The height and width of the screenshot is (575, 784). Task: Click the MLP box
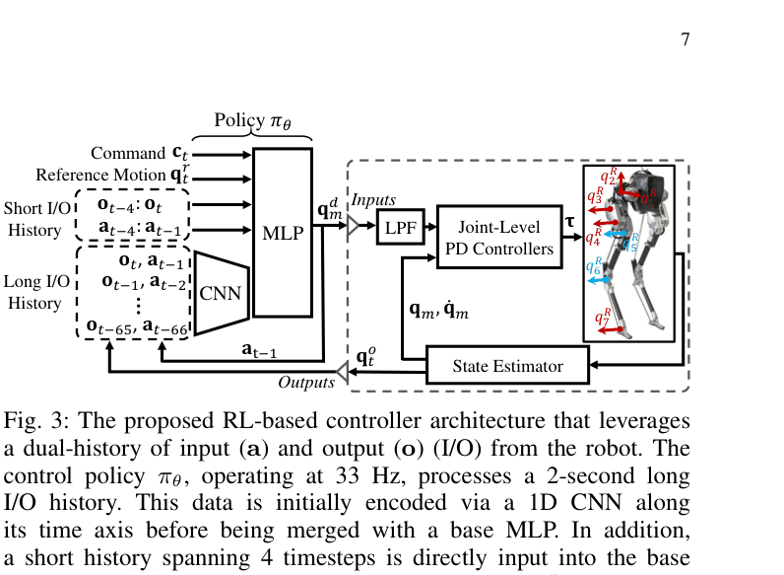(283, 233)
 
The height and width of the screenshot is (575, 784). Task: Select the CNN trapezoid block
(220, 293)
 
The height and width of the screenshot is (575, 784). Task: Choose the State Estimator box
(507, 366)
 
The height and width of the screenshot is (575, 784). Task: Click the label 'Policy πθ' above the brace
(260, 121)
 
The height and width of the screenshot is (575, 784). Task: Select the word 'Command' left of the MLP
(127, 153)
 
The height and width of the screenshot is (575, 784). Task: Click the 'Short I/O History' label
(36, 218)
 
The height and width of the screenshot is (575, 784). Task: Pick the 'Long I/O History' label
(35, 293)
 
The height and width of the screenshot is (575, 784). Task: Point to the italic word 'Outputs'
(306, 383)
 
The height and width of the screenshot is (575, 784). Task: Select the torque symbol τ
(568, 224)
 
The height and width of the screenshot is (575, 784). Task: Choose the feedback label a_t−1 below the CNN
(259, 350)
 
